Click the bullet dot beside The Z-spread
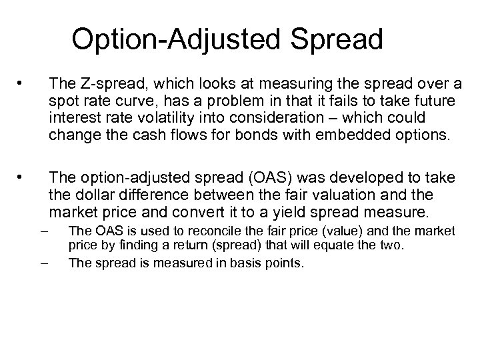(22, 84)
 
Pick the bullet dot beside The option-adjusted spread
(22, 178)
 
